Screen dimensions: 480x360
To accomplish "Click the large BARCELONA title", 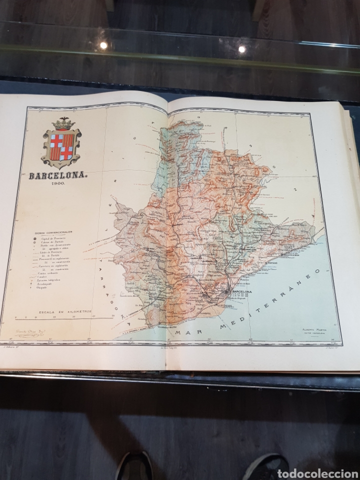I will click(x=58, y=176).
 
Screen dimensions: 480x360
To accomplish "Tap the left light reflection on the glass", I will click(x=103, y=45).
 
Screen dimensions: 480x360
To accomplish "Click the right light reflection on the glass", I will click(x=241, y=49).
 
